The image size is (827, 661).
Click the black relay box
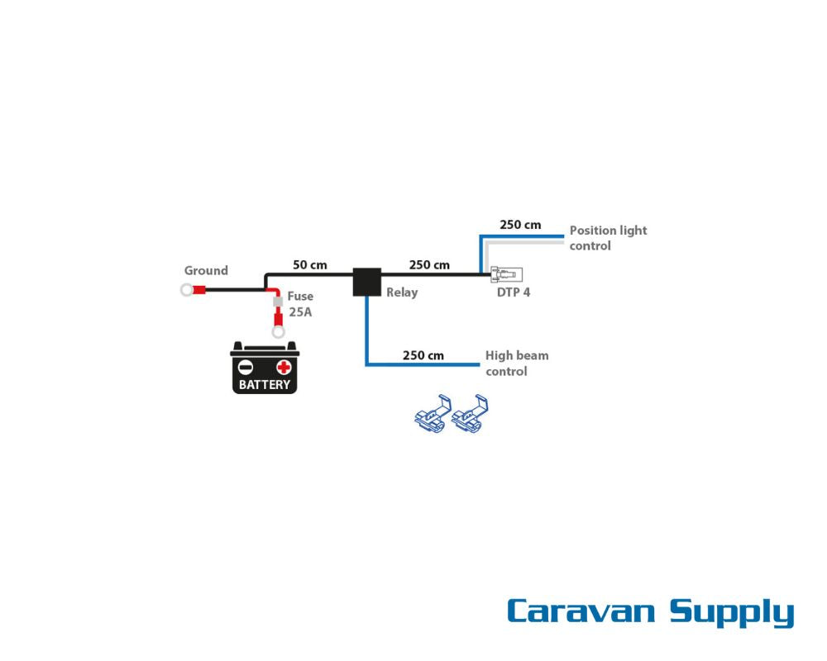point(366,282)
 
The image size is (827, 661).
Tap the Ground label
point(206,270)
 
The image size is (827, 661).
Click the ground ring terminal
point(187,289)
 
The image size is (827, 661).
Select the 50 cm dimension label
point(309,264)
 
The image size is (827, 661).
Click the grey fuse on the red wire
point(277,302)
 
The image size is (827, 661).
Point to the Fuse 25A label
point(300,304)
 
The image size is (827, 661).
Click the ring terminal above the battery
point(278,332)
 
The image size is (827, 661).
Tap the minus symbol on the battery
point(246,367)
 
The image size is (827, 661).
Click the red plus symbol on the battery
point(284,367)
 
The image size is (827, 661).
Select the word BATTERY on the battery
point(265,385)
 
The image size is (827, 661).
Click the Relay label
point(402,292)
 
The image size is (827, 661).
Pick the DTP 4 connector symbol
point(506,274)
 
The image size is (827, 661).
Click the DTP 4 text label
point(514,292)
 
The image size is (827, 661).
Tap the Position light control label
point(608,238)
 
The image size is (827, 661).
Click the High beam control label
point(517,364)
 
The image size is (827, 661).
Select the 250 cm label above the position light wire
point(520,225)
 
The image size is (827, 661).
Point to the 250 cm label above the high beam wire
point(423,355)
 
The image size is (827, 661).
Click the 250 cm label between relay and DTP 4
point(429,264)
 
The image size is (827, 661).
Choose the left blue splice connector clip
point(433,414)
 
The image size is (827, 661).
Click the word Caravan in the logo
point(581,611)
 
